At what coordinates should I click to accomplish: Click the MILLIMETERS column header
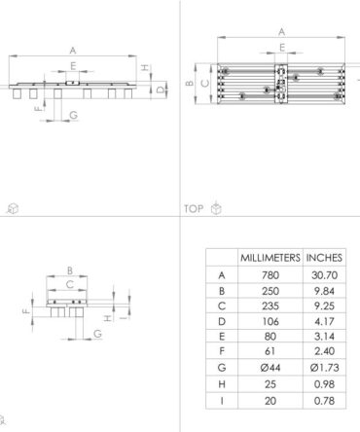click(270, 258)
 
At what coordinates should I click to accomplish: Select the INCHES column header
click(324, 258)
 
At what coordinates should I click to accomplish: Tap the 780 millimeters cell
click(270, 275)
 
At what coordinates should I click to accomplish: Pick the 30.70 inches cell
click(324, 275)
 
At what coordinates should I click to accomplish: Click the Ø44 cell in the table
click(270, 368)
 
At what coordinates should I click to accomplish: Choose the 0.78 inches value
click(324, 401)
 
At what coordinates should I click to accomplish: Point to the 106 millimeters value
click(270, 322)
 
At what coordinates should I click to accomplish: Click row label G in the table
click(222, 368)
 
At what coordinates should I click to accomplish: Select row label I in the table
click(222, 401)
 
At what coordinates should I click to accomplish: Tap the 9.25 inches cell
click(324, 306)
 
